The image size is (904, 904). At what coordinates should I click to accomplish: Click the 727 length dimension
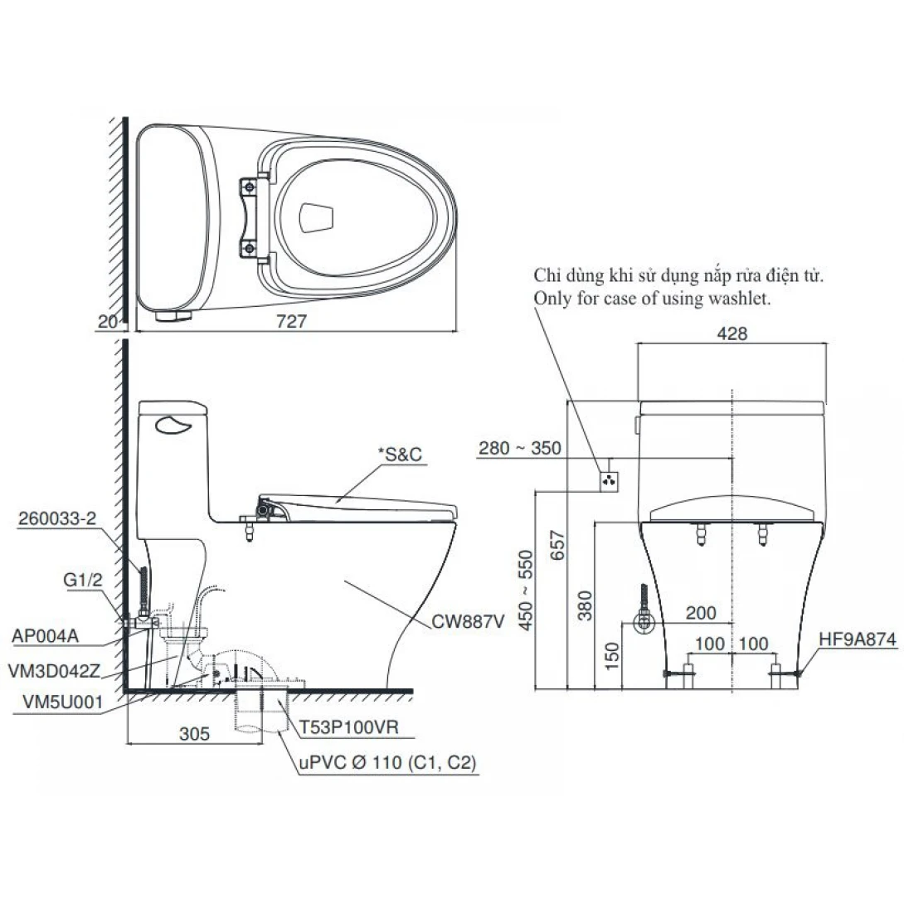292,324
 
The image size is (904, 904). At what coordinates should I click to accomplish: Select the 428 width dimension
732,334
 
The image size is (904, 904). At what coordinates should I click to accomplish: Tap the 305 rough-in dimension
195,733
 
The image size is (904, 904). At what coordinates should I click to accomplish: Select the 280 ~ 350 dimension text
520,449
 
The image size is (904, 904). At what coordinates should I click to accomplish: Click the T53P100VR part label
349,727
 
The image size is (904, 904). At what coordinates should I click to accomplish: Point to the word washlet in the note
741,299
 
